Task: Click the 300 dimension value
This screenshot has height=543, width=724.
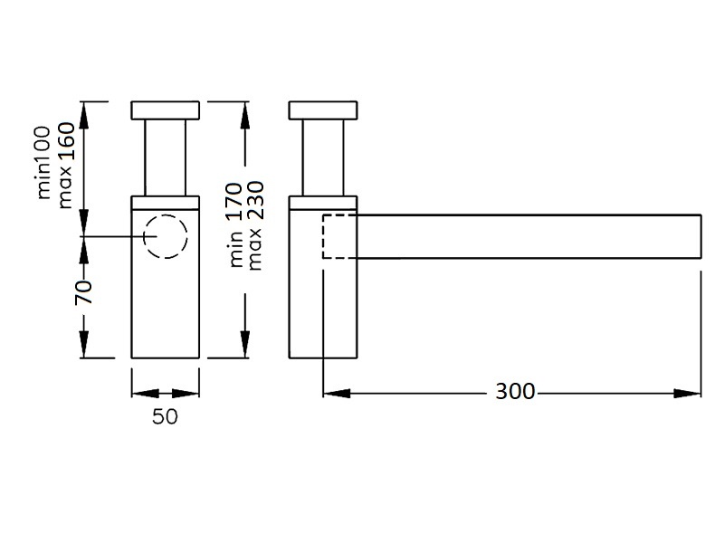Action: point(515,392)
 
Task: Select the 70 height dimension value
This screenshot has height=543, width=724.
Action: point(83,291)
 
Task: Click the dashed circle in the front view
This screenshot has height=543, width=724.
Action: point(166,237)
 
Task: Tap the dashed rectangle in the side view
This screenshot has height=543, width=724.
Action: point(341,237)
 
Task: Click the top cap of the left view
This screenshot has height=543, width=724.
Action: point(165,110)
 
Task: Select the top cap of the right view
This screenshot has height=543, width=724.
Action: point(324,110)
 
